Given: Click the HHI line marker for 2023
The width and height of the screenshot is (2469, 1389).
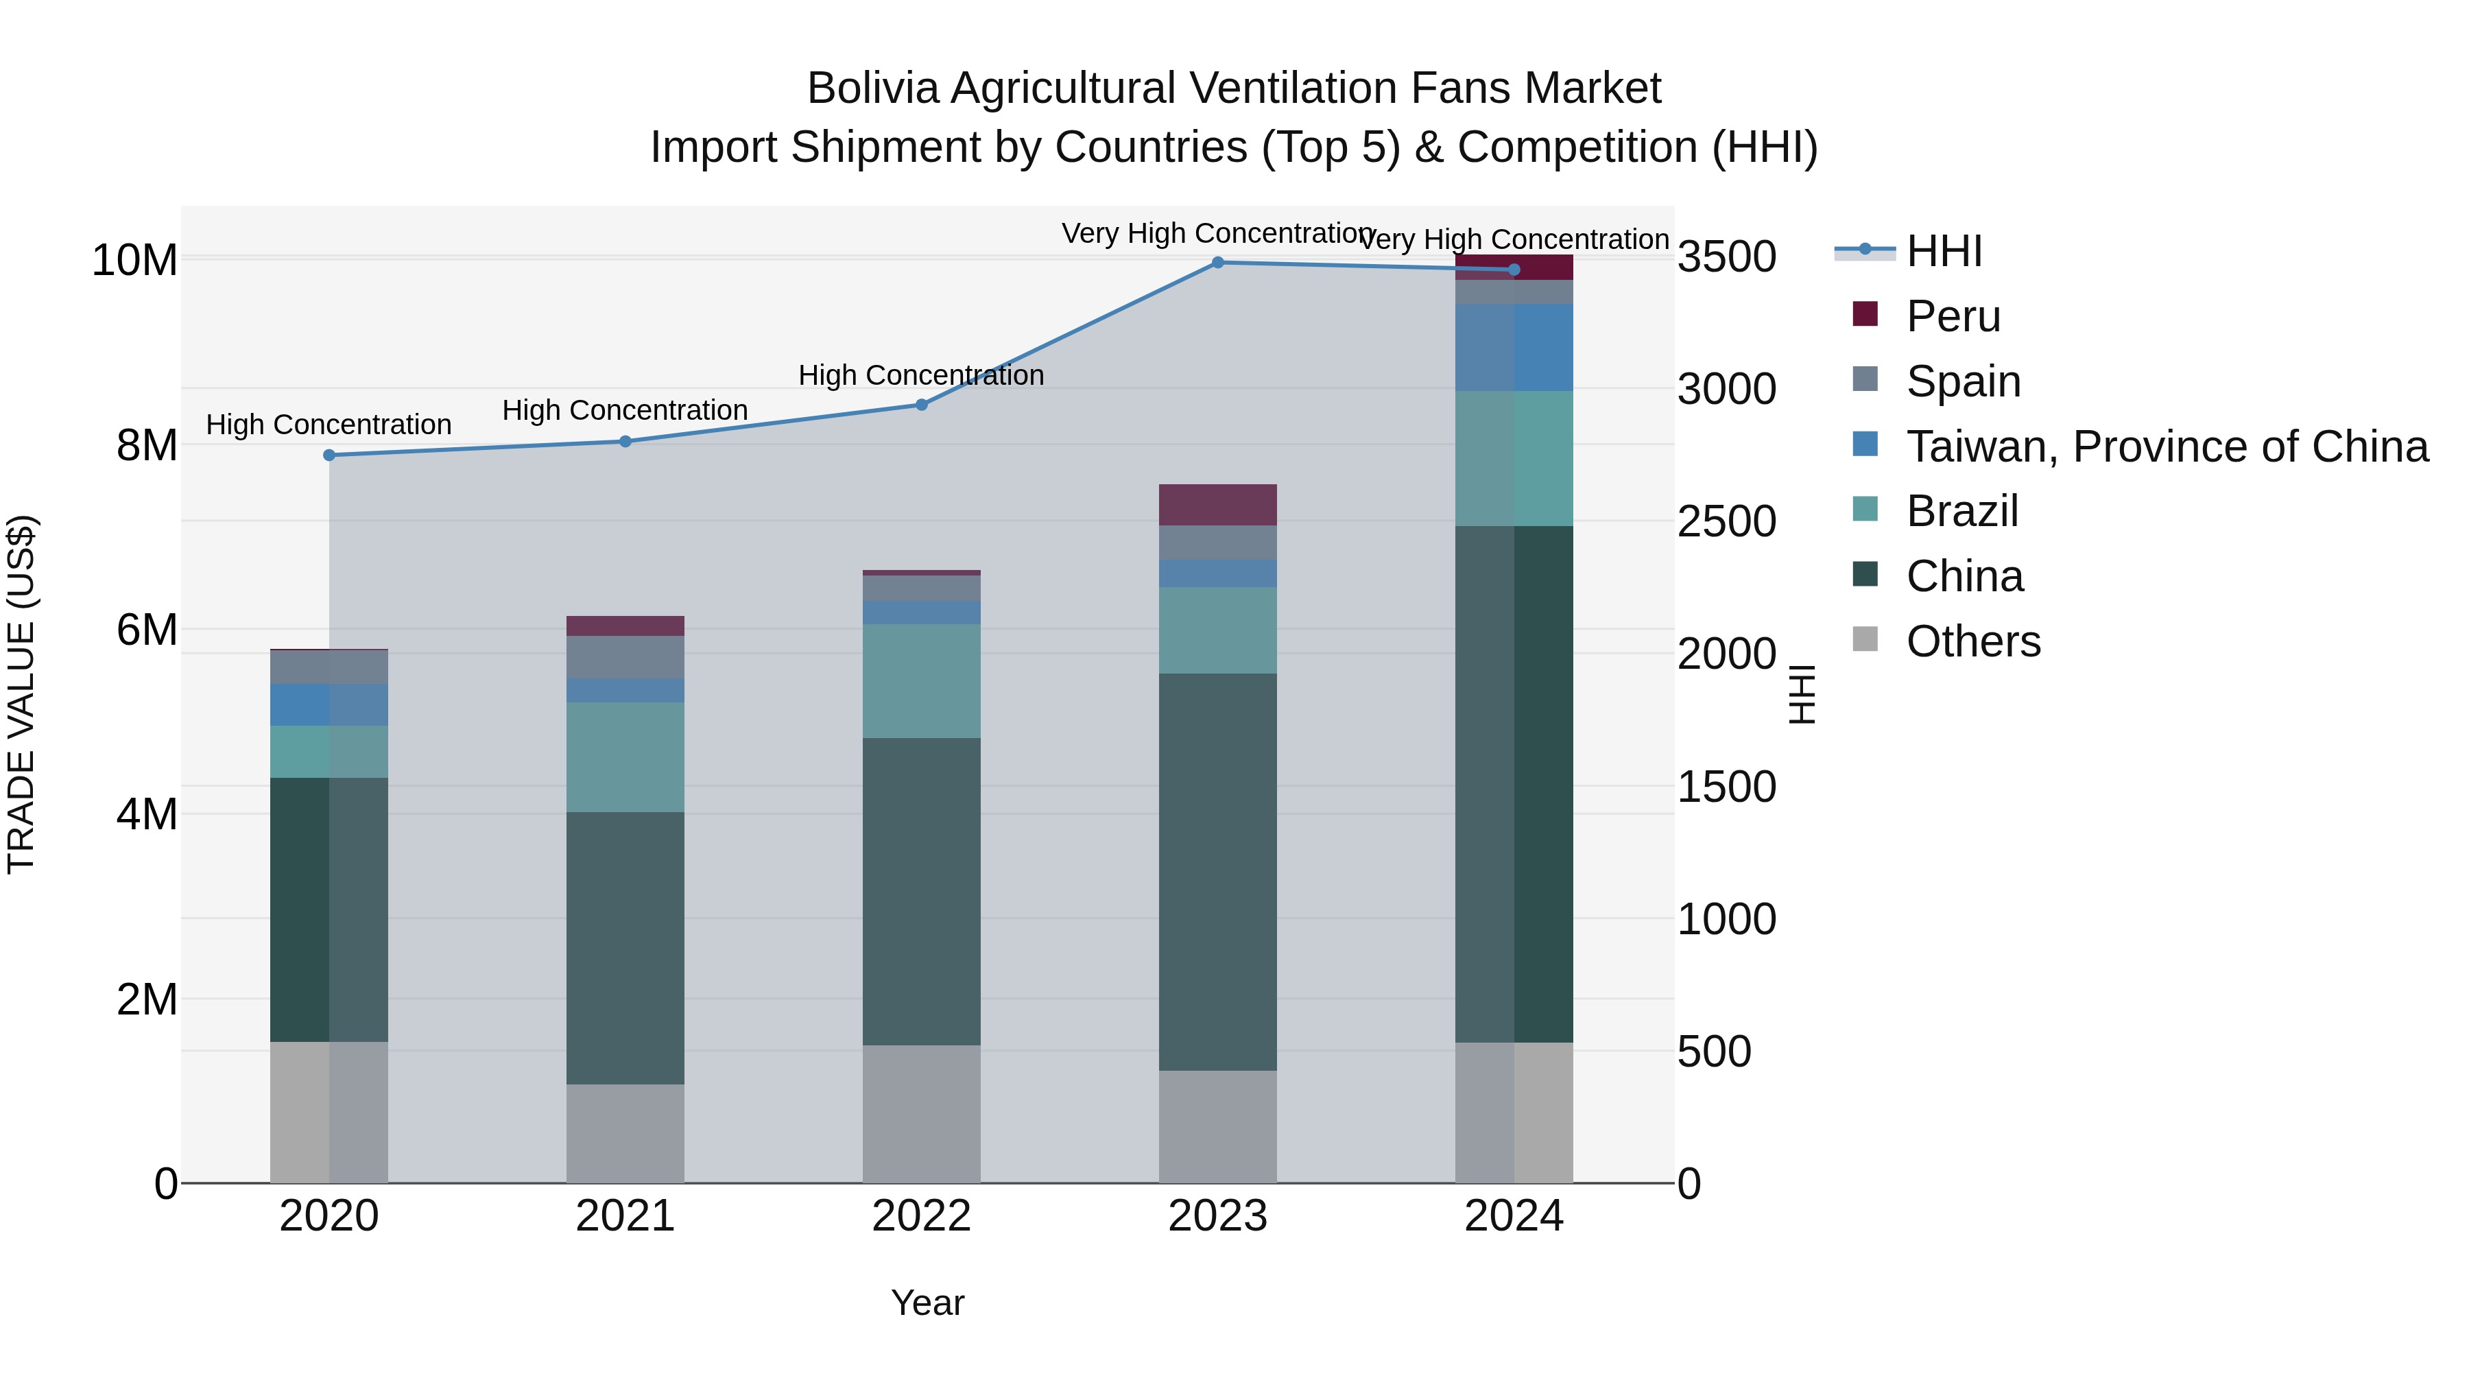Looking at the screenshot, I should pyautogui.click(x=1217, y=263).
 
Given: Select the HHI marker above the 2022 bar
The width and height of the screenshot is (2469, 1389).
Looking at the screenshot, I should pyautogui.click(x=921, y=405).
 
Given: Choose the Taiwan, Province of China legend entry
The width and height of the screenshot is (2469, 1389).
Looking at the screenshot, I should pyautogui.click(x=2166, y=447).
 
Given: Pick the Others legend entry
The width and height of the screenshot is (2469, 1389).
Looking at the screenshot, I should pyautogui.click(x=1972, y=641).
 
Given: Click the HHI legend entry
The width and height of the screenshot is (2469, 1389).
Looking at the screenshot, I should pyautogui.click(x=1943, y=251).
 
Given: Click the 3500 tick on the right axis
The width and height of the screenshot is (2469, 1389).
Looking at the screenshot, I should pyautogui.click(x=1726, y=257).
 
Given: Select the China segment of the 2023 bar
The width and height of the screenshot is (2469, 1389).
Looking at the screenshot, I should pyautogui.click(x=1217, y=872).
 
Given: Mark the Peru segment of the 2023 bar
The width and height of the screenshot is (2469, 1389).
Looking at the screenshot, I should pyautogui.click(x=1217, y=505).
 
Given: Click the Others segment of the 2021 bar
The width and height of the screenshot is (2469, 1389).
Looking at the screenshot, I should pyautogui.click(x=625, y=1133).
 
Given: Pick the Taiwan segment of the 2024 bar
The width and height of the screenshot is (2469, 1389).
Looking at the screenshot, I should pyautogui.click(x=1514, y=347).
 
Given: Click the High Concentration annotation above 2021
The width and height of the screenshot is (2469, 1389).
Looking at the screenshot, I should pyautogui.click(x=625, y=410).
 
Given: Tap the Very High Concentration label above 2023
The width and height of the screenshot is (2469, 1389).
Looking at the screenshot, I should pyautogui.click(x=1217, y=233).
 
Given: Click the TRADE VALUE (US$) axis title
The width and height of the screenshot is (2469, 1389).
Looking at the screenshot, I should pyautogui.click(x=21, y=694).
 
